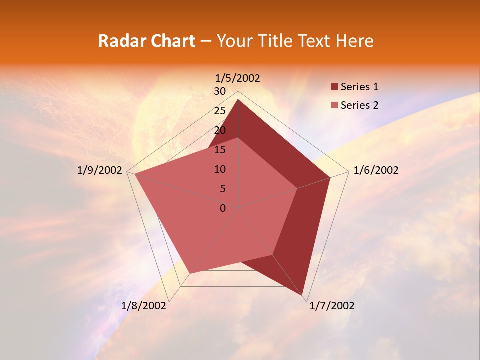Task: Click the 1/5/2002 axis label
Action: coord(238,78)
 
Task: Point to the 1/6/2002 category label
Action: coord(376,170)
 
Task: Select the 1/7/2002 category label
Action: coord(332,306)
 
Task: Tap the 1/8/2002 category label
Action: coord(144,306)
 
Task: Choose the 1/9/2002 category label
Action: coord(100,170)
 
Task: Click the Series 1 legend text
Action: coord(359,87)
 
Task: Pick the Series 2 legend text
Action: coord(359,105)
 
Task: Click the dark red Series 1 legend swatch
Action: coord(334,87)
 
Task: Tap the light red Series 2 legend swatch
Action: coord(334,105)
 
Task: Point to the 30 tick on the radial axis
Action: coord(220,91)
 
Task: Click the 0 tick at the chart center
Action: coord(223,208)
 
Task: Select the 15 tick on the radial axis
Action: coord(220,150)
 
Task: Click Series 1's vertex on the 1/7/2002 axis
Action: coord(303,296)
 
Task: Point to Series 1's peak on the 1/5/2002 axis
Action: coord(238,100)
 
